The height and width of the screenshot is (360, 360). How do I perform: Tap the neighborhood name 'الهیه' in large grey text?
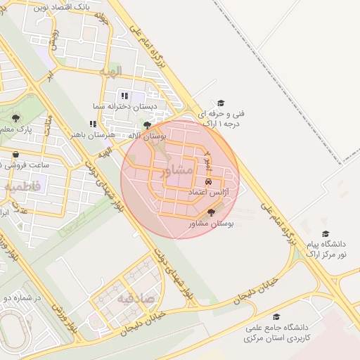coord(111,72)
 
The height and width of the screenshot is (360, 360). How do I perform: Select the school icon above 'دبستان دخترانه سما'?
coord(124,96)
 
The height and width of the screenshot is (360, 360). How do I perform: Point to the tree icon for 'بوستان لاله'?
coord(147,125)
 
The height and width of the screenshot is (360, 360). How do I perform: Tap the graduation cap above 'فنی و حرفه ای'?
coord(221,103)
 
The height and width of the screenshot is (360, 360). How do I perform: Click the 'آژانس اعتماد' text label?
coord(207,192)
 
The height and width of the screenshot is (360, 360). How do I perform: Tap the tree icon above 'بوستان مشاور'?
coord(211,212)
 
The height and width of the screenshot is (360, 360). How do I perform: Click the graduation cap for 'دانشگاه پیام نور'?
coord(325,233)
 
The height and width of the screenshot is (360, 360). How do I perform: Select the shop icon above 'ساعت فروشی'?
coord(15,154)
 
